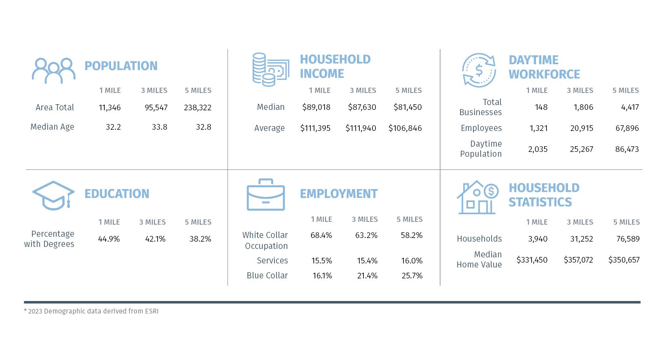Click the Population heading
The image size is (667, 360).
(121, 66)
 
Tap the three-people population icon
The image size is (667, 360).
(54, 71)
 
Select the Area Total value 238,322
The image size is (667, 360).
(198, 108)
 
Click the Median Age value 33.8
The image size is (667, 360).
(160, 127)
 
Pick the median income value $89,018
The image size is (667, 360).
(316, 107)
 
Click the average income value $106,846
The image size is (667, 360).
(405, 128)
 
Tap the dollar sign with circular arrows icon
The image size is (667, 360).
(479, 70)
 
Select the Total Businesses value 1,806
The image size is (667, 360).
(583, 107)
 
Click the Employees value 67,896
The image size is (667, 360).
(627, 128)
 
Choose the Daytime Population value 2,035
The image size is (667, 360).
(538, 149)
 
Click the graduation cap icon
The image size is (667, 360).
(53, 196)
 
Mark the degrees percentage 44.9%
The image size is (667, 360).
(109, 239)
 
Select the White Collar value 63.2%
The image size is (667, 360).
(366, 236)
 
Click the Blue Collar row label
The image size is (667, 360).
(267, 276)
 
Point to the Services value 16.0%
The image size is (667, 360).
(412, 261)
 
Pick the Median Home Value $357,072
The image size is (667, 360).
(578, 260)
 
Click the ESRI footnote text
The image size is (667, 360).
(91, 312)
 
